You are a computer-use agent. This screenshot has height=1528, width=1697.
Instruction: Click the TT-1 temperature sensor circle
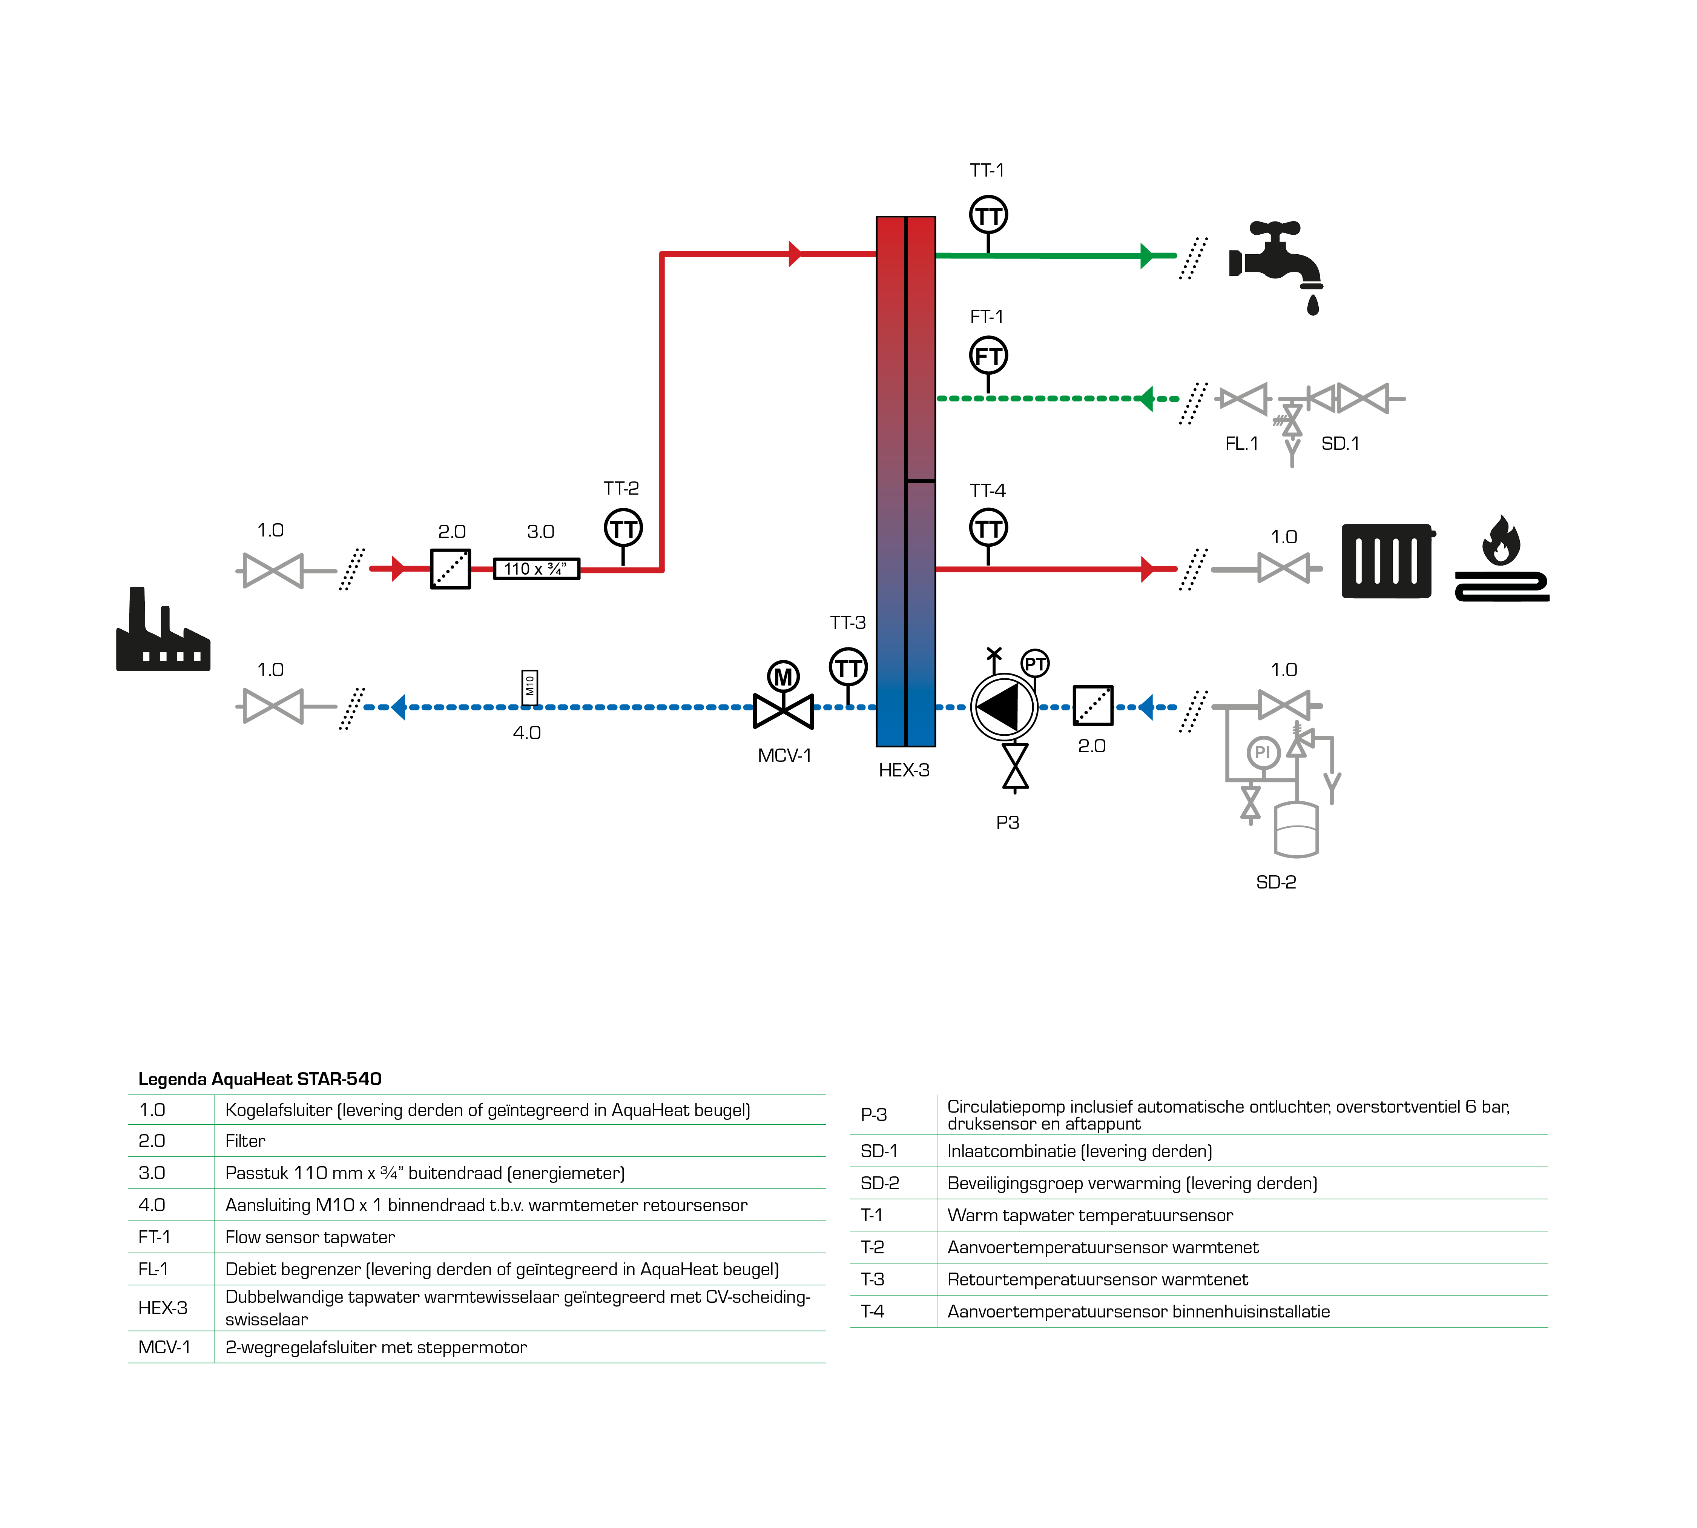tap(988, 216)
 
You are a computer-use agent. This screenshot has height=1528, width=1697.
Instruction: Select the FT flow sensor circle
tap(988, 356)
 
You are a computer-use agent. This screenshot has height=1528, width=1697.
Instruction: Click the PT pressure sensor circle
tap(1035, 664)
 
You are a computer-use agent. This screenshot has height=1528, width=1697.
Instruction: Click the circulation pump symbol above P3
tap(1004, 707)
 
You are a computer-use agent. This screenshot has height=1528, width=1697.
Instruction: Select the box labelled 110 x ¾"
tap(535, 569)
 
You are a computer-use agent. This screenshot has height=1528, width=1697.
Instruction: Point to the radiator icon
tap(1387, 561)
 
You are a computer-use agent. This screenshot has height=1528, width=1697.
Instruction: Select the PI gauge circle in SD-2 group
tap(1262, 752)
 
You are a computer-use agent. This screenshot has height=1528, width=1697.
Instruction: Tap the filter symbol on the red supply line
tap(451, 569)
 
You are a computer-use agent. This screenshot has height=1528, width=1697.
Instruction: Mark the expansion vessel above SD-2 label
tap(1296, 830)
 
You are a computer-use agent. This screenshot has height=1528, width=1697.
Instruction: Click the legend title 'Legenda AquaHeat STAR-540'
tap(259, 1079)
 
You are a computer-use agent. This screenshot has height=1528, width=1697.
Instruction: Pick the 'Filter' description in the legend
tap(245, 1141)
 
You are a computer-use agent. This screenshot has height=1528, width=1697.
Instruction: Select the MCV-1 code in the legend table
tap(164, 1348)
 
